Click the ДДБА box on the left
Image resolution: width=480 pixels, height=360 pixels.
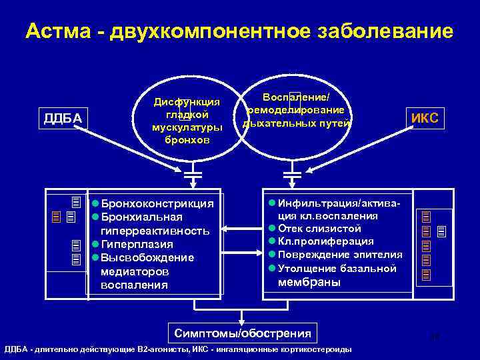pos(63,119)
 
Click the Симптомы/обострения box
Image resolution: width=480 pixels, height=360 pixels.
pos(242,333)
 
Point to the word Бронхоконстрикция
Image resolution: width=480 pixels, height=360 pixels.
pos(157,203)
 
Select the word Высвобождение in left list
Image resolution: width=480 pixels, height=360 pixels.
pos(147,258)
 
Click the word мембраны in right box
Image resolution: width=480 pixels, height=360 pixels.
pos(309,282)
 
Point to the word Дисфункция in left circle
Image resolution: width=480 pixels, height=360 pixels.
pos(187,101)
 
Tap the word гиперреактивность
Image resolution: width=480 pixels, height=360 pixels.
pos(155,231)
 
